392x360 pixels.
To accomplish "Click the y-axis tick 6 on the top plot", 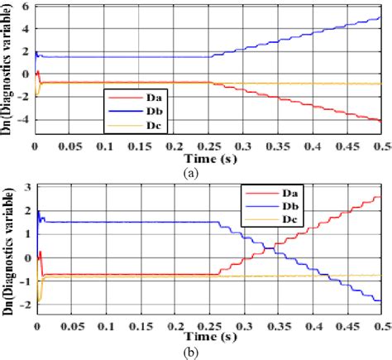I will (26, 7).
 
